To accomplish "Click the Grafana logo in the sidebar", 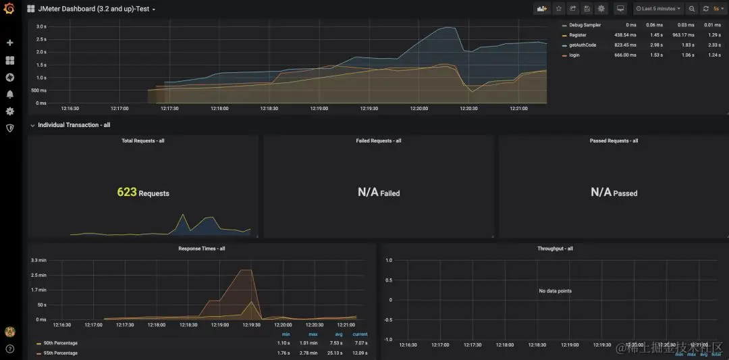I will click(x=9, y=9).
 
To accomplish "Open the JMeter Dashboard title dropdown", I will click(x=91, y=9).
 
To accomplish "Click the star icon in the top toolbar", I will click(x=558, y=9).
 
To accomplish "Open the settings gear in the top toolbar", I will click(x=601, y=9).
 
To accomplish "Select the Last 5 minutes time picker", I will click(x=658, y=9).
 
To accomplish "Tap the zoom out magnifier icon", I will click(x=692, y=9).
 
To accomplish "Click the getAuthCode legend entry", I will click(x=583, y=45).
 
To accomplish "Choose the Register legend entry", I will click(x=577, y=35).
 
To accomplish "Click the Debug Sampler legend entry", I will click(x=585, y=25).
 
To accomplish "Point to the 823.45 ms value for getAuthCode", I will click(x=624, y=45).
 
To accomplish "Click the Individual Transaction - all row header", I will click(x=74, y=125).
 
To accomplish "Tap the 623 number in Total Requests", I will click(x=127, y=192).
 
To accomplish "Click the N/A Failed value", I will click(x=379, y=192).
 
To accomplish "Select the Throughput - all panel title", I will click(x=554, y=249).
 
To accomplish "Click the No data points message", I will click(x=555, y=291).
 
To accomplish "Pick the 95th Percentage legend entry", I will click(x=60, y=353).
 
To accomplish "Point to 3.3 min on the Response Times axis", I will click(x=38, y=260).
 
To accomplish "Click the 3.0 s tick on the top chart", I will click(x=40, y=26).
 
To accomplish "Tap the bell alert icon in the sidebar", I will click(x=9, y=95).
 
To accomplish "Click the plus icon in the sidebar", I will click(x=9, y=43).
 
